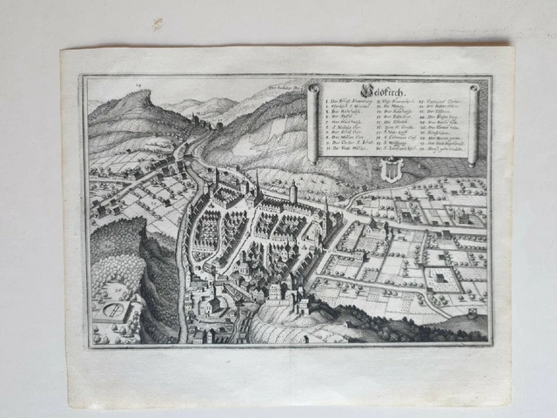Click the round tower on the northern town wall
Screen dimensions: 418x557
point(294,190)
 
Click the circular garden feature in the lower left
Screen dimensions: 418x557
point(113,310)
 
